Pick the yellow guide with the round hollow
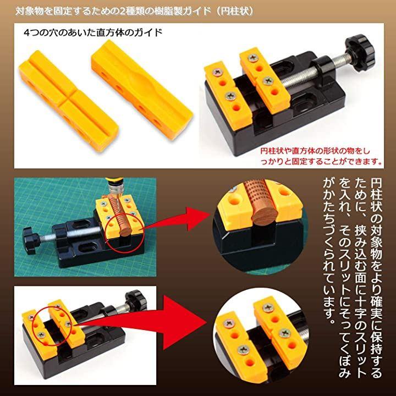[142, 88]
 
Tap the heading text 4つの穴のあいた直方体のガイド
[93, 32]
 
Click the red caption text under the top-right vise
[321, 156]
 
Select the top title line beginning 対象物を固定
[135, 12]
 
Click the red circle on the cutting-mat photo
[125, 233]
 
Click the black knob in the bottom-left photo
[136, 300]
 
